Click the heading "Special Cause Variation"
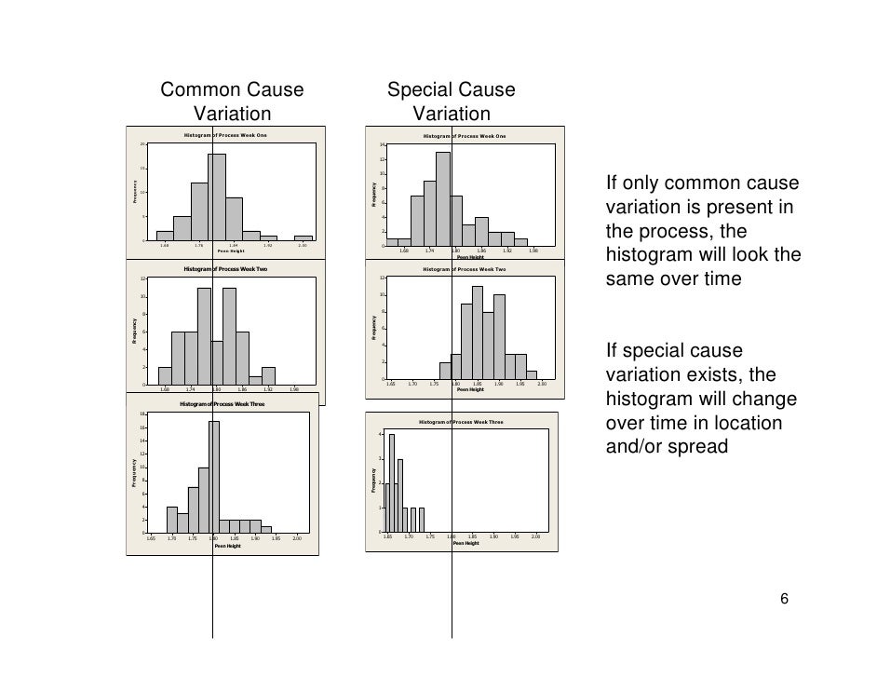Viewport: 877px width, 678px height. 451,102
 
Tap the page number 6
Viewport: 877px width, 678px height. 785,599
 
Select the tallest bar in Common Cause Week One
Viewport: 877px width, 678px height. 217,197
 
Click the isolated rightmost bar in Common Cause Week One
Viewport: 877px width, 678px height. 304,237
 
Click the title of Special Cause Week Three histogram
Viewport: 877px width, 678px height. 461,422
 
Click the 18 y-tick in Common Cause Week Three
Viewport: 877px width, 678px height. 142,414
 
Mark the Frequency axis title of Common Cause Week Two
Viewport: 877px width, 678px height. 134,332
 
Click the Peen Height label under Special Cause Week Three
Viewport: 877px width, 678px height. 465,542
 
